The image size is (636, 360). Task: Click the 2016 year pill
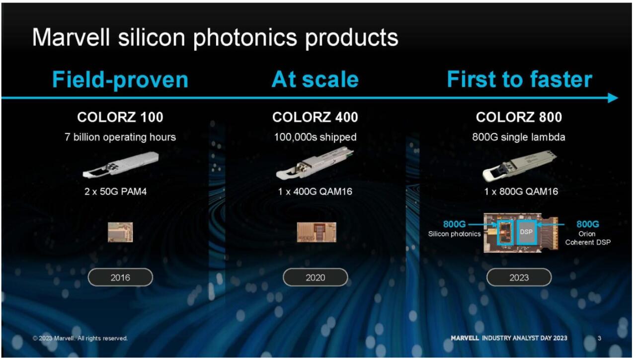click(x=120, y=277)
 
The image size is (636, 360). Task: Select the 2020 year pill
click(x=315, y=277)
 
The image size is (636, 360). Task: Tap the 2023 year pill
click(x=519, y=277)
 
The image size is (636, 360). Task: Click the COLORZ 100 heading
click(x=120, y=117)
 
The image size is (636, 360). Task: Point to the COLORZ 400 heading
click(x=315, y=117)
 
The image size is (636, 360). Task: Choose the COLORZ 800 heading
click(x=519, y=117)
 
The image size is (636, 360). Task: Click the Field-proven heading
click(x=120, y=80)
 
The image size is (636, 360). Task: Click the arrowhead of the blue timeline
click(x=613, y=98)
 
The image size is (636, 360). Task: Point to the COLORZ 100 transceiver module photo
click(x=121, y=165)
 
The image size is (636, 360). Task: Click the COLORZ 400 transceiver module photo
click(x=315, y=164)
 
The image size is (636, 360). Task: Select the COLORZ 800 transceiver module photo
click(x=520, y=166)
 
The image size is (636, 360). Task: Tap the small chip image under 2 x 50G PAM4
click(x=120, y=232)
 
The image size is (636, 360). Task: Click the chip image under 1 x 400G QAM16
click(x=317, y=232)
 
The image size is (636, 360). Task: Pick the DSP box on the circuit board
click(x=526, y=232)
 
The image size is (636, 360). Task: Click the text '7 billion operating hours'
click(x=120, y=137)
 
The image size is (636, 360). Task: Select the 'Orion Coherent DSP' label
click(x=588, y=238)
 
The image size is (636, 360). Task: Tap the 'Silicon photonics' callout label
click(x=454, y=234)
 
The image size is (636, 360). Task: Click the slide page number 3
click(x=599, y=338)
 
